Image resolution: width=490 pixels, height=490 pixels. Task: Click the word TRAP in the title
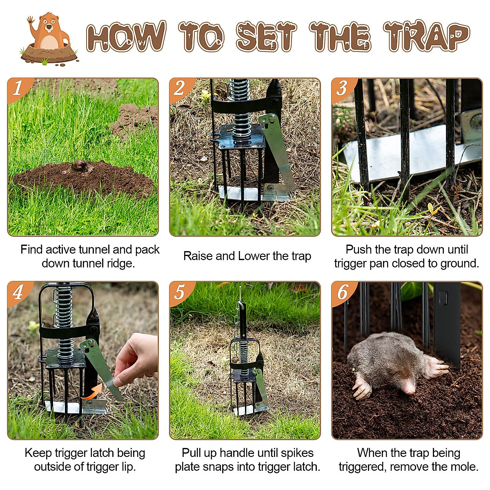click(427, 37)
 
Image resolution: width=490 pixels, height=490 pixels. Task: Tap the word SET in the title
click(266, 37)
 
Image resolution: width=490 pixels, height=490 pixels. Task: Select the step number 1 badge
click(18, 88)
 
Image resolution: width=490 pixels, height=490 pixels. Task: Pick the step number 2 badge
click(180, 88)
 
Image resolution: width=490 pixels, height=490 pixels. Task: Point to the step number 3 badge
click(342, 88)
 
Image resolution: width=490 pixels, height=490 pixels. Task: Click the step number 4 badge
click(18, 292)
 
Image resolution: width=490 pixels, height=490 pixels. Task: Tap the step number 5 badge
click(180, 292)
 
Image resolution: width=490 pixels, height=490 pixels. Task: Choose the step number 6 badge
click(342, 292)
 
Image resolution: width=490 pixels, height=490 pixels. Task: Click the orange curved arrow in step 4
click(91, 392)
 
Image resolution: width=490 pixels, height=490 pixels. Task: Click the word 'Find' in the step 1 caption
click(31, 249)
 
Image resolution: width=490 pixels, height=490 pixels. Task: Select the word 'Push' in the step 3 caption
click(359, 249)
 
